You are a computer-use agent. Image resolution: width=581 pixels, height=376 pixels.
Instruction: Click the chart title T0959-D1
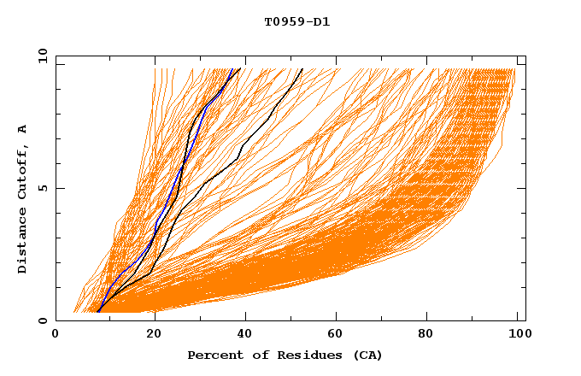coord(296,22)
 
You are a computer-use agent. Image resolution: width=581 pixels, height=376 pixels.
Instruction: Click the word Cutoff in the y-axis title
coord(23,173)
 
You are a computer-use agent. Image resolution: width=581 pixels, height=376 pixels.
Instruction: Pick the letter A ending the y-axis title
coord(23,128)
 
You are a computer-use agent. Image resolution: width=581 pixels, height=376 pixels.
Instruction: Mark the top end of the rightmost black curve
coord(302,68)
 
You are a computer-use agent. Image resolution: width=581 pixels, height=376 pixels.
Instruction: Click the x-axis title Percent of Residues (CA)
coord(285,355)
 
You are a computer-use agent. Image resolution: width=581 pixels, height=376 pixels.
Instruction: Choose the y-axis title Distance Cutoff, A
coord(23,198)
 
